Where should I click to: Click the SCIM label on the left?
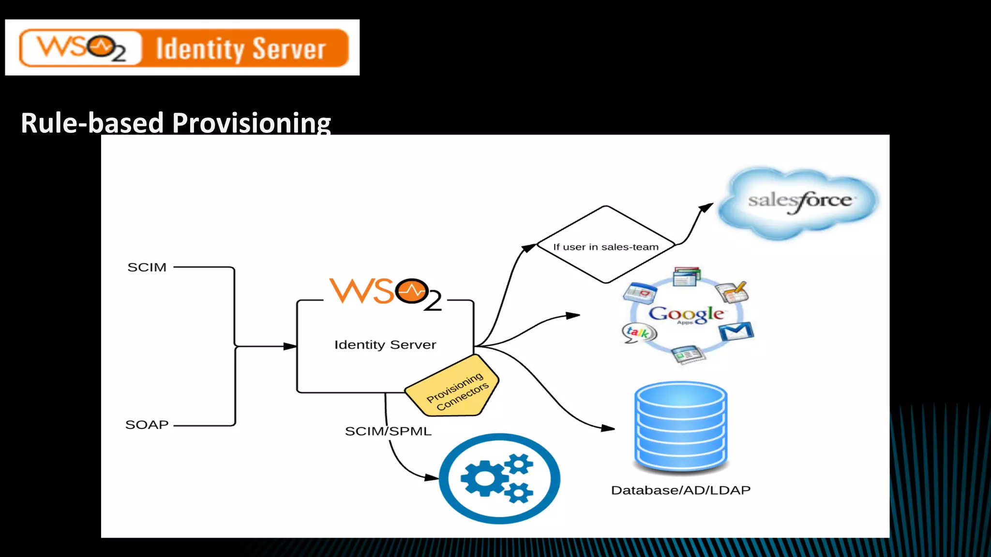coord(147,267)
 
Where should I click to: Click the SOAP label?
coord(147,425)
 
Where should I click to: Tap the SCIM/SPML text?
coord(388,431)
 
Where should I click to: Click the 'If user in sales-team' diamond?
coord(606,246)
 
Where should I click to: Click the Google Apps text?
coord(686,314)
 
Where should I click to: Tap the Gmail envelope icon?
coord(736,332)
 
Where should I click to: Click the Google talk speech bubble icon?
coord(638,333)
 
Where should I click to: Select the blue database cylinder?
coord(681,425)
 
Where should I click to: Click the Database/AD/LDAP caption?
coord(680,490)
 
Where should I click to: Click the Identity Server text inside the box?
coord(385,345)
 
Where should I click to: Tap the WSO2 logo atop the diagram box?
coord(385,293)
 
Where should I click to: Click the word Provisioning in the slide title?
coord(251,123)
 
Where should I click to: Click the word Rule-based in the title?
coord(92,123)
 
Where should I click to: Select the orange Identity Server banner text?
coord(240,49)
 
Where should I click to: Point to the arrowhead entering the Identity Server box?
coord(291,346)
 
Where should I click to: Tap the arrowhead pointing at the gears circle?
coord(432,477)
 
